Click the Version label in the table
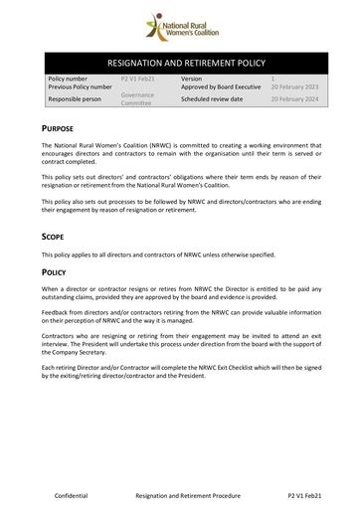(x=192, y=77)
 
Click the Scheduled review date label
(x=216, y=99)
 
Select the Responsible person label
(x=77, y=99)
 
